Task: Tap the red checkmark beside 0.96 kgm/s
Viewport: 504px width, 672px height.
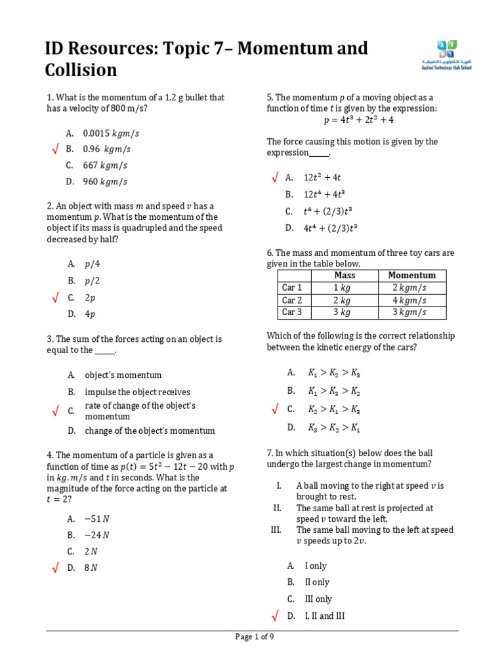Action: [x=56, y=150]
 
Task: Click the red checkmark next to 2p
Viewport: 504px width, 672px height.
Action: [x=56, y=298]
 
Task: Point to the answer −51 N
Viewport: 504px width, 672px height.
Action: [x=96, y=518]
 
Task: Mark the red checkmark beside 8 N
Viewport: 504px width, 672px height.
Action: [x=56, y=568]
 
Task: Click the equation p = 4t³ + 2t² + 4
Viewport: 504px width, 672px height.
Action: [x=358, y=120]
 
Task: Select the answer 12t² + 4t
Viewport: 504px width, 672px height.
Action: [x=322, y=177]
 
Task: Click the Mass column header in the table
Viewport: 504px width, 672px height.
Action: [x=345, y=276]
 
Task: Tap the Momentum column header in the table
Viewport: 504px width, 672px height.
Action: [x=411, y=276]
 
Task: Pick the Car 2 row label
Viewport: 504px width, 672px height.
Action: [x=292, y=300]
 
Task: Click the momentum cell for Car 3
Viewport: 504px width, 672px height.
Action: [x=411, y=312]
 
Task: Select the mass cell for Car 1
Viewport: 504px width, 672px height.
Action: [x=345, y=287]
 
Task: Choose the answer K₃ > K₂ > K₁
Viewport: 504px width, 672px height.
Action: [x=333, y=427]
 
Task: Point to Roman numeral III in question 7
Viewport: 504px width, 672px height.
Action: [x=276, y=530]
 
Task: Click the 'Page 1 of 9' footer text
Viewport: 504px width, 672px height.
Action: [x=255, y=637]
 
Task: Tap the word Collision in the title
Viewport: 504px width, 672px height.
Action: [x=81, y=70]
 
